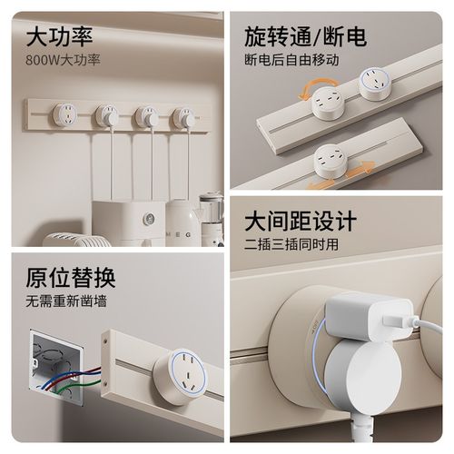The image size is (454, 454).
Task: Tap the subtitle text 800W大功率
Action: [64, 61]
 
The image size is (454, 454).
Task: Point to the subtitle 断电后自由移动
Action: [291, 60]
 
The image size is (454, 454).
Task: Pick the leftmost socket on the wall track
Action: [64, 114]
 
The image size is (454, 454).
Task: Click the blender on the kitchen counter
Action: [211, 217]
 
